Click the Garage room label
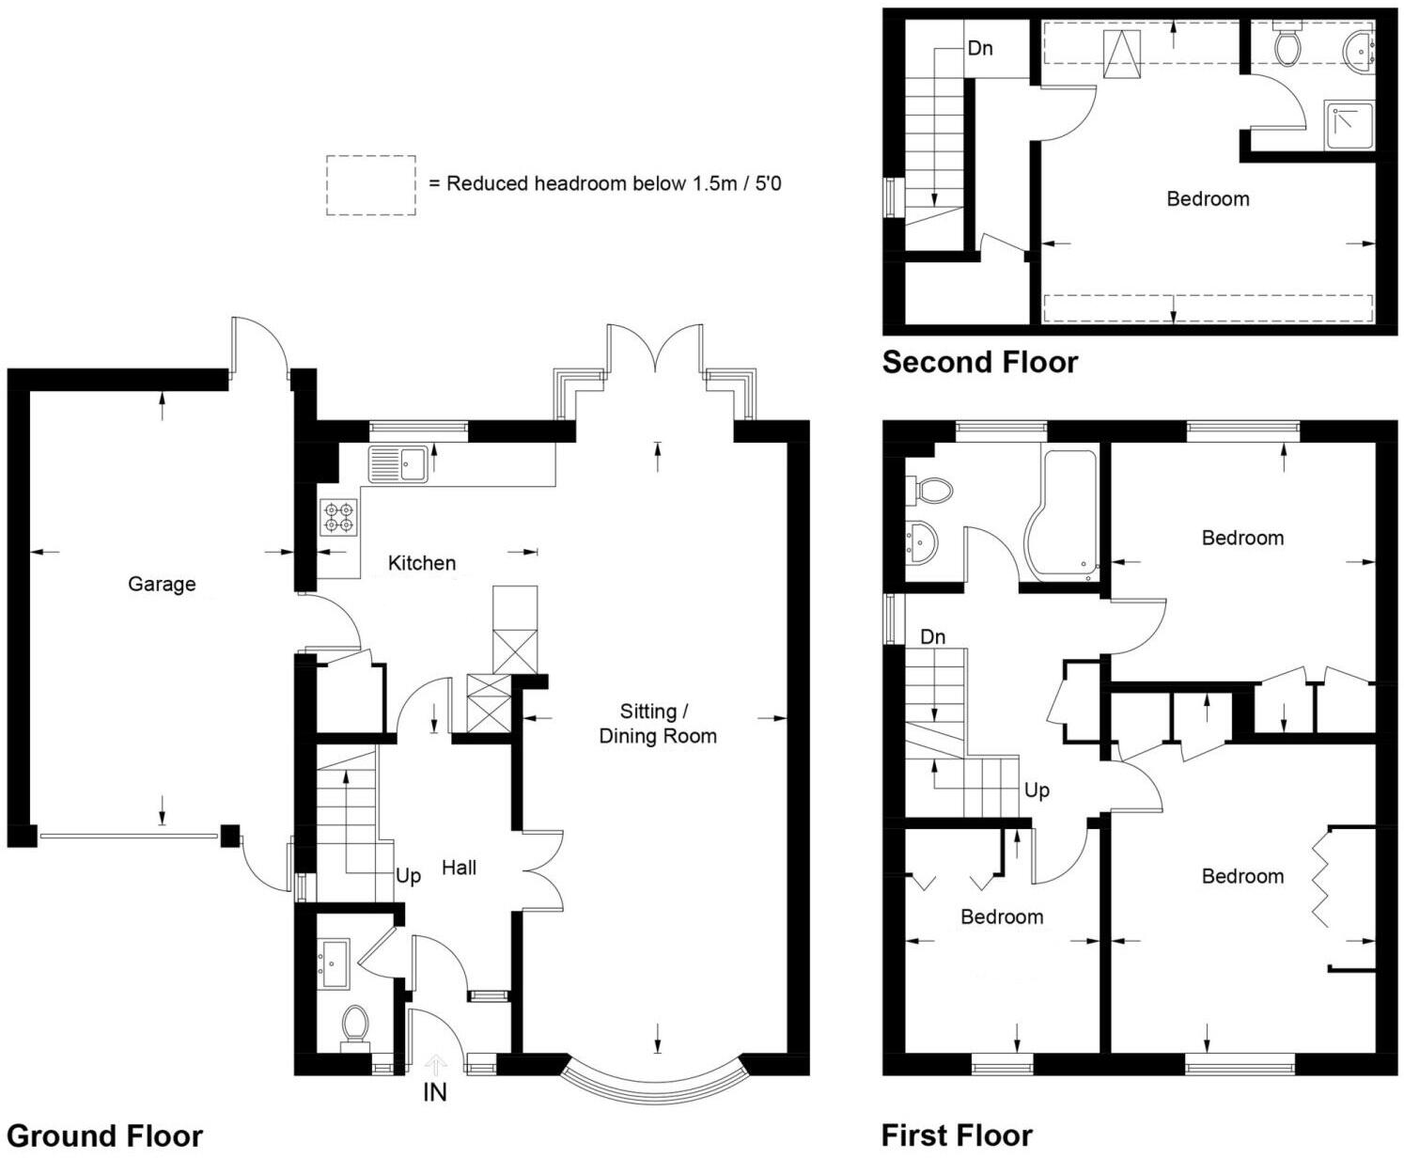162,584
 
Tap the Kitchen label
422,563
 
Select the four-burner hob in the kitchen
339,518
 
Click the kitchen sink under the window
398,462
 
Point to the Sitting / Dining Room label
657,724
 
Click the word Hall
459,868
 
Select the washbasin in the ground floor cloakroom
334,963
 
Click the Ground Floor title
104,1135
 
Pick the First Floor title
957,1135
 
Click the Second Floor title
979,362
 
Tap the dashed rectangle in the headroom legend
371,185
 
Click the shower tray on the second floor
1349,126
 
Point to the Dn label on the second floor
980,48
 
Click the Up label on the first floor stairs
1037,790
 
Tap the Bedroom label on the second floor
1208,199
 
